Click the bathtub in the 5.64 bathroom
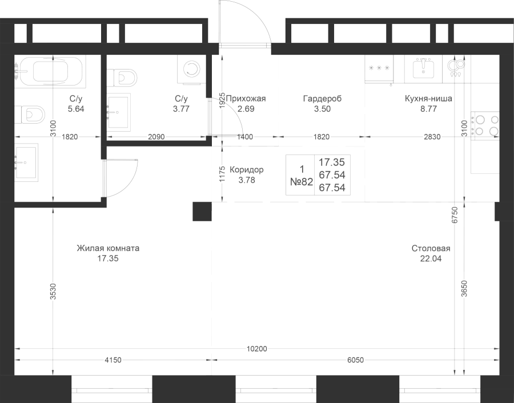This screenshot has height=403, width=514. click(x=50, y=71)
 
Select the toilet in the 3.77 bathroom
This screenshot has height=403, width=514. click(x=122, y=78)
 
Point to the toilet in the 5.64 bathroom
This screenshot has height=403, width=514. click(x=30, y=115)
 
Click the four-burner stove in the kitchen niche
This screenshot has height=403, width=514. click(x=485, y=126)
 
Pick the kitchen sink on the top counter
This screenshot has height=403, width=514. click(x=423, y=68)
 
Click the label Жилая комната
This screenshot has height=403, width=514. click(x=108, y=249)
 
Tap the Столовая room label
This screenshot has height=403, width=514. click(x=431, y=249)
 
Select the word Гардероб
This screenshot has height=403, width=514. click(x=322, y=99)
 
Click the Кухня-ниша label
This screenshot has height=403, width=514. click(x=428, y=99)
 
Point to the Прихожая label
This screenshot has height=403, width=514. click(x=246, y=99)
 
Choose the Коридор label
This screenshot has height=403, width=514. click(x=247, y=170)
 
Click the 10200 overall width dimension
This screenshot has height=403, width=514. click(x=256, y=349)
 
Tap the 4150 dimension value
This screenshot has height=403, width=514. click(x=113, y=360)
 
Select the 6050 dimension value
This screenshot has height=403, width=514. click(x=355, y=360)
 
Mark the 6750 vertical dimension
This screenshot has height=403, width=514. click(x=455, y=215)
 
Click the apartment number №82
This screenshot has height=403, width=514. click(x=301, y=182)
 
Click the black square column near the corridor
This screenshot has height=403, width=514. click(x=202, y=211)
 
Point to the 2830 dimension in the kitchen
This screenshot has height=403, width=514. click(x=432, y=137)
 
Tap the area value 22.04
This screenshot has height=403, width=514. click(x=431, y=259)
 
